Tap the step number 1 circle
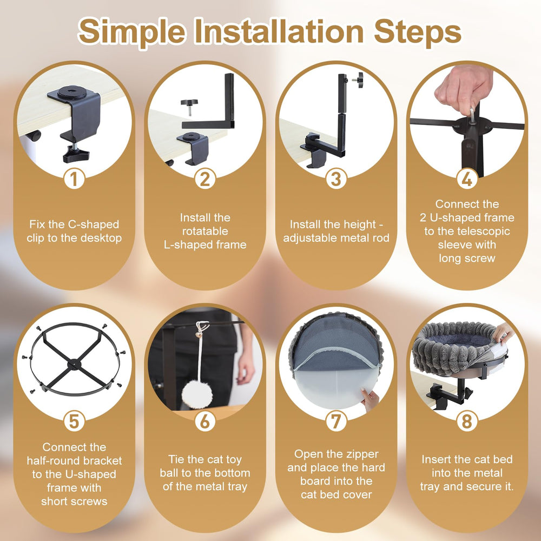(74, 179)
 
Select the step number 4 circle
(467, 179)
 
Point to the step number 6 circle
(205, 421)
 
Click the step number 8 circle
(467, 421)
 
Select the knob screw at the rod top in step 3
(358, 80)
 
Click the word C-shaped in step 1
(94, 225)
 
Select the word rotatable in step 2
(205, 231)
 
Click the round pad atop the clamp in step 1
(72, 92)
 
